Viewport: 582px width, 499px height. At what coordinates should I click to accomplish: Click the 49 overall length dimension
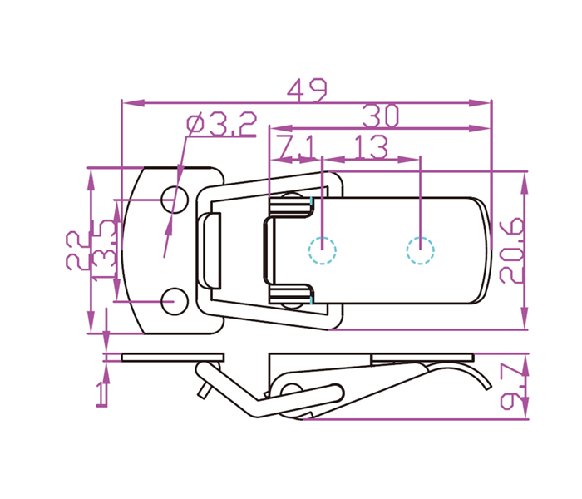[308, 90]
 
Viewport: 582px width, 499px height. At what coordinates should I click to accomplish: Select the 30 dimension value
[381, 116]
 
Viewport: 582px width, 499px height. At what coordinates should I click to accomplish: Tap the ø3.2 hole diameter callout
[222, 124]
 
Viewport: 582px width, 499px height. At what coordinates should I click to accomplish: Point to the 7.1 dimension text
[297, 147]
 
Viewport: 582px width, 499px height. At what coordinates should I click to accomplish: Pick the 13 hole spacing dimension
[371, 147]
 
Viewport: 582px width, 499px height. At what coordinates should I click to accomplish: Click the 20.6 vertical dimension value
[512, 250]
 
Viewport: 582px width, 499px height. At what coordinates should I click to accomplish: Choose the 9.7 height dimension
[512, 387]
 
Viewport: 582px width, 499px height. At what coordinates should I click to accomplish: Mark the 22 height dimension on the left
[77, 250]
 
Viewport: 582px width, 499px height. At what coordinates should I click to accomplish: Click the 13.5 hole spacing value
[104, 249]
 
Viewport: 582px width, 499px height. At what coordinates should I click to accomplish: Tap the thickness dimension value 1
[101, 395]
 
